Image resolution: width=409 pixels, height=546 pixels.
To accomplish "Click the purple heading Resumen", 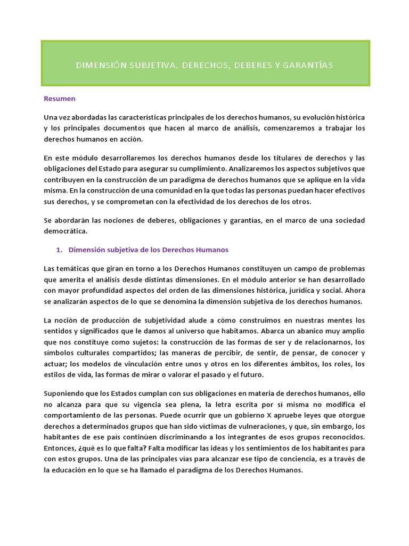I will click(59, 98).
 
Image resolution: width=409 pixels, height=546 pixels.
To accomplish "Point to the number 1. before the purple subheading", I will click(60, 250).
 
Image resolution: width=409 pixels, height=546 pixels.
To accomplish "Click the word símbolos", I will click(59, 353).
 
